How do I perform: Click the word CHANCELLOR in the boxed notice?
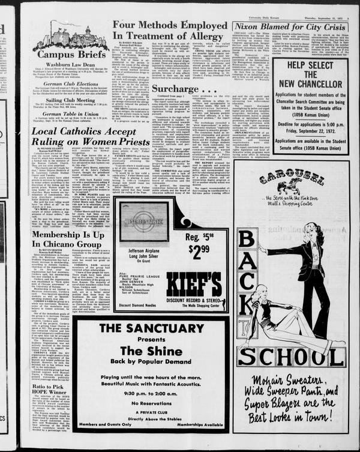(x=310, y=82)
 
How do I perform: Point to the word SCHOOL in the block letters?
(x=290, y=356)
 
